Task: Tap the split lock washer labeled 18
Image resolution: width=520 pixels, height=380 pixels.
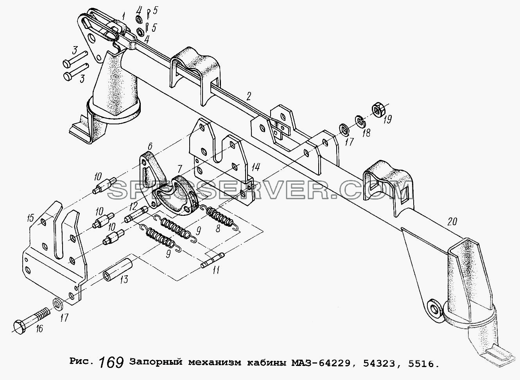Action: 360,122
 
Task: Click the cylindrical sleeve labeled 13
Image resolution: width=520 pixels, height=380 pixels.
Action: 118,269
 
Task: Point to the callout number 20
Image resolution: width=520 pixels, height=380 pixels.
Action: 452,221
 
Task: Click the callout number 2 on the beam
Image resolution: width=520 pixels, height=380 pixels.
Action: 248,96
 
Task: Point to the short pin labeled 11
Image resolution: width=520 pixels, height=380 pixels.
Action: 213,261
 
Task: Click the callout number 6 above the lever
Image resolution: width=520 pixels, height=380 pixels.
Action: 150,146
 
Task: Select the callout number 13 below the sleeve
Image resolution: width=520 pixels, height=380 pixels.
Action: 124,280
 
